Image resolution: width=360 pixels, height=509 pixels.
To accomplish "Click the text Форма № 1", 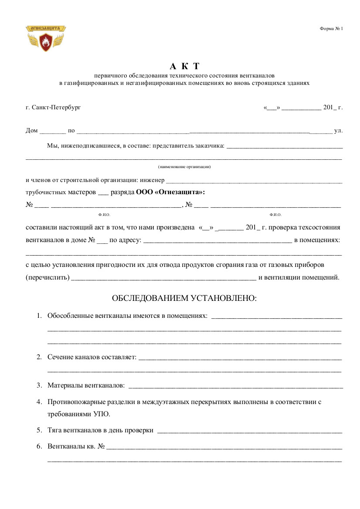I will coord(331,29).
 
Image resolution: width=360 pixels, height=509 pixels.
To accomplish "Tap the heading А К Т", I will coord(184,66).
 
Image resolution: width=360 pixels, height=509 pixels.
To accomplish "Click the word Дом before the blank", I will coord(32,130).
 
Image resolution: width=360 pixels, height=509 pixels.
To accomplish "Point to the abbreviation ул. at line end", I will coord(338,130).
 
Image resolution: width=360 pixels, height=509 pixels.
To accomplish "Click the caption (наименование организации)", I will coord(184,167).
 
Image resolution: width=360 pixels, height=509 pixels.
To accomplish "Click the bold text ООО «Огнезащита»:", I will coord(170,192).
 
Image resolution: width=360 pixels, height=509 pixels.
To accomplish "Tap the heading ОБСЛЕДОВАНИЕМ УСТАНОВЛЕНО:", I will coord(184,298).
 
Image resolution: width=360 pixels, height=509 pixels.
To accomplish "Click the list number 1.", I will coord(39,315).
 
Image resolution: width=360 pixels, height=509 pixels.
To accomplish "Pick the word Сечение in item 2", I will coord(59,357).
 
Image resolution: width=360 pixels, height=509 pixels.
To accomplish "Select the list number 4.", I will coord(39,402).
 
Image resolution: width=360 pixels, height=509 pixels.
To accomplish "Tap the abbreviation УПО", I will coord(102,414).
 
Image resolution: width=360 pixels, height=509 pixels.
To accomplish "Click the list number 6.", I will coord(39,447).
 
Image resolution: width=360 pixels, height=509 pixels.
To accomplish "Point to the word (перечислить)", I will coord(48,277).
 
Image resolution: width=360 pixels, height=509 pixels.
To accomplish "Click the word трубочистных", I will coord(47,192).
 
